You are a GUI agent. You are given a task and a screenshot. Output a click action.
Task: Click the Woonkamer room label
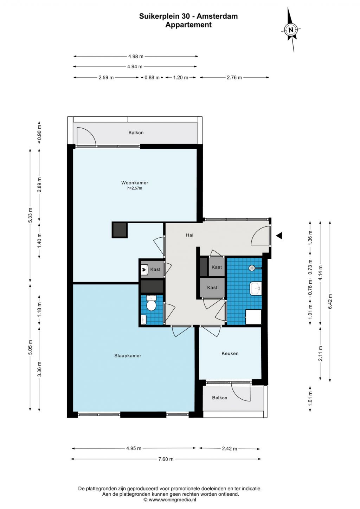pos(135,182)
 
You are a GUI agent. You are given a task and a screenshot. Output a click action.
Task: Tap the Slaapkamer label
pos(128,356)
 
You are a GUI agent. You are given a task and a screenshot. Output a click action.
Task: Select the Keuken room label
pos(230,353)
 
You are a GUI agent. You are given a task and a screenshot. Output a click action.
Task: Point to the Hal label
pos(189,235)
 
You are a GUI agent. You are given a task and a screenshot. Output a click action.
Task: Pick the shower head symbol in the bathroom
pos(252,268)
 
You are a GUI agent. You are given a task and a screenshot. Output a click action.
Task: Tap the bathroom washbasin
pos(256,289)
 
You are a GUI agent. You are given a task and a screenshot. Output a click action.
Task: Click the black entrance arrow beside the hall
pos(279,236)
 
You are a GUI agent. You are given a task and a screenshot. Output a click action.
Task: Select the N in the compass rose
pos(291,30)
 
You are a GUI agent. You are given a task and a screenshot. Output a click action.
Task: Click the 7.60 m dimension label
pos(166,459)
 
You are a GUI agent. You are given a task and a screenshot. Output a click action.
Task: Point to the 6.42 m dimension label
pos(330,301)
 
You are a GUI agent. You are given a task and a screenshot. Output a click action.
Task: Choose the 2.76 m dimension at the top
pos(234,77)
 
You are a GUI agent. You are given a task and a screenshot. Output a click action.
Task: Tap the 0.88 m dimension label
pos(152,77)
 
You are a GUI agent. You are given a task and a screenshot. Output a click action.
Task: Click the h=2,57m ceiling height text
pos(135,188)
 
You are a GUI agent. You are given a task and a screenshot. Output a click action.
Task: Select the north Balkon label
pos(136,133)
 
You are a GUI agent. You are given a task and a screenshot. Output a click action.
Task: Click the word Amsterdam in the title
pos(217,17)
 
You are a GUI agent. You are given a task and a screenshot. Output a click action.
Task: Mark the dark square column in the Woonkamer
pos(120,230)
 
